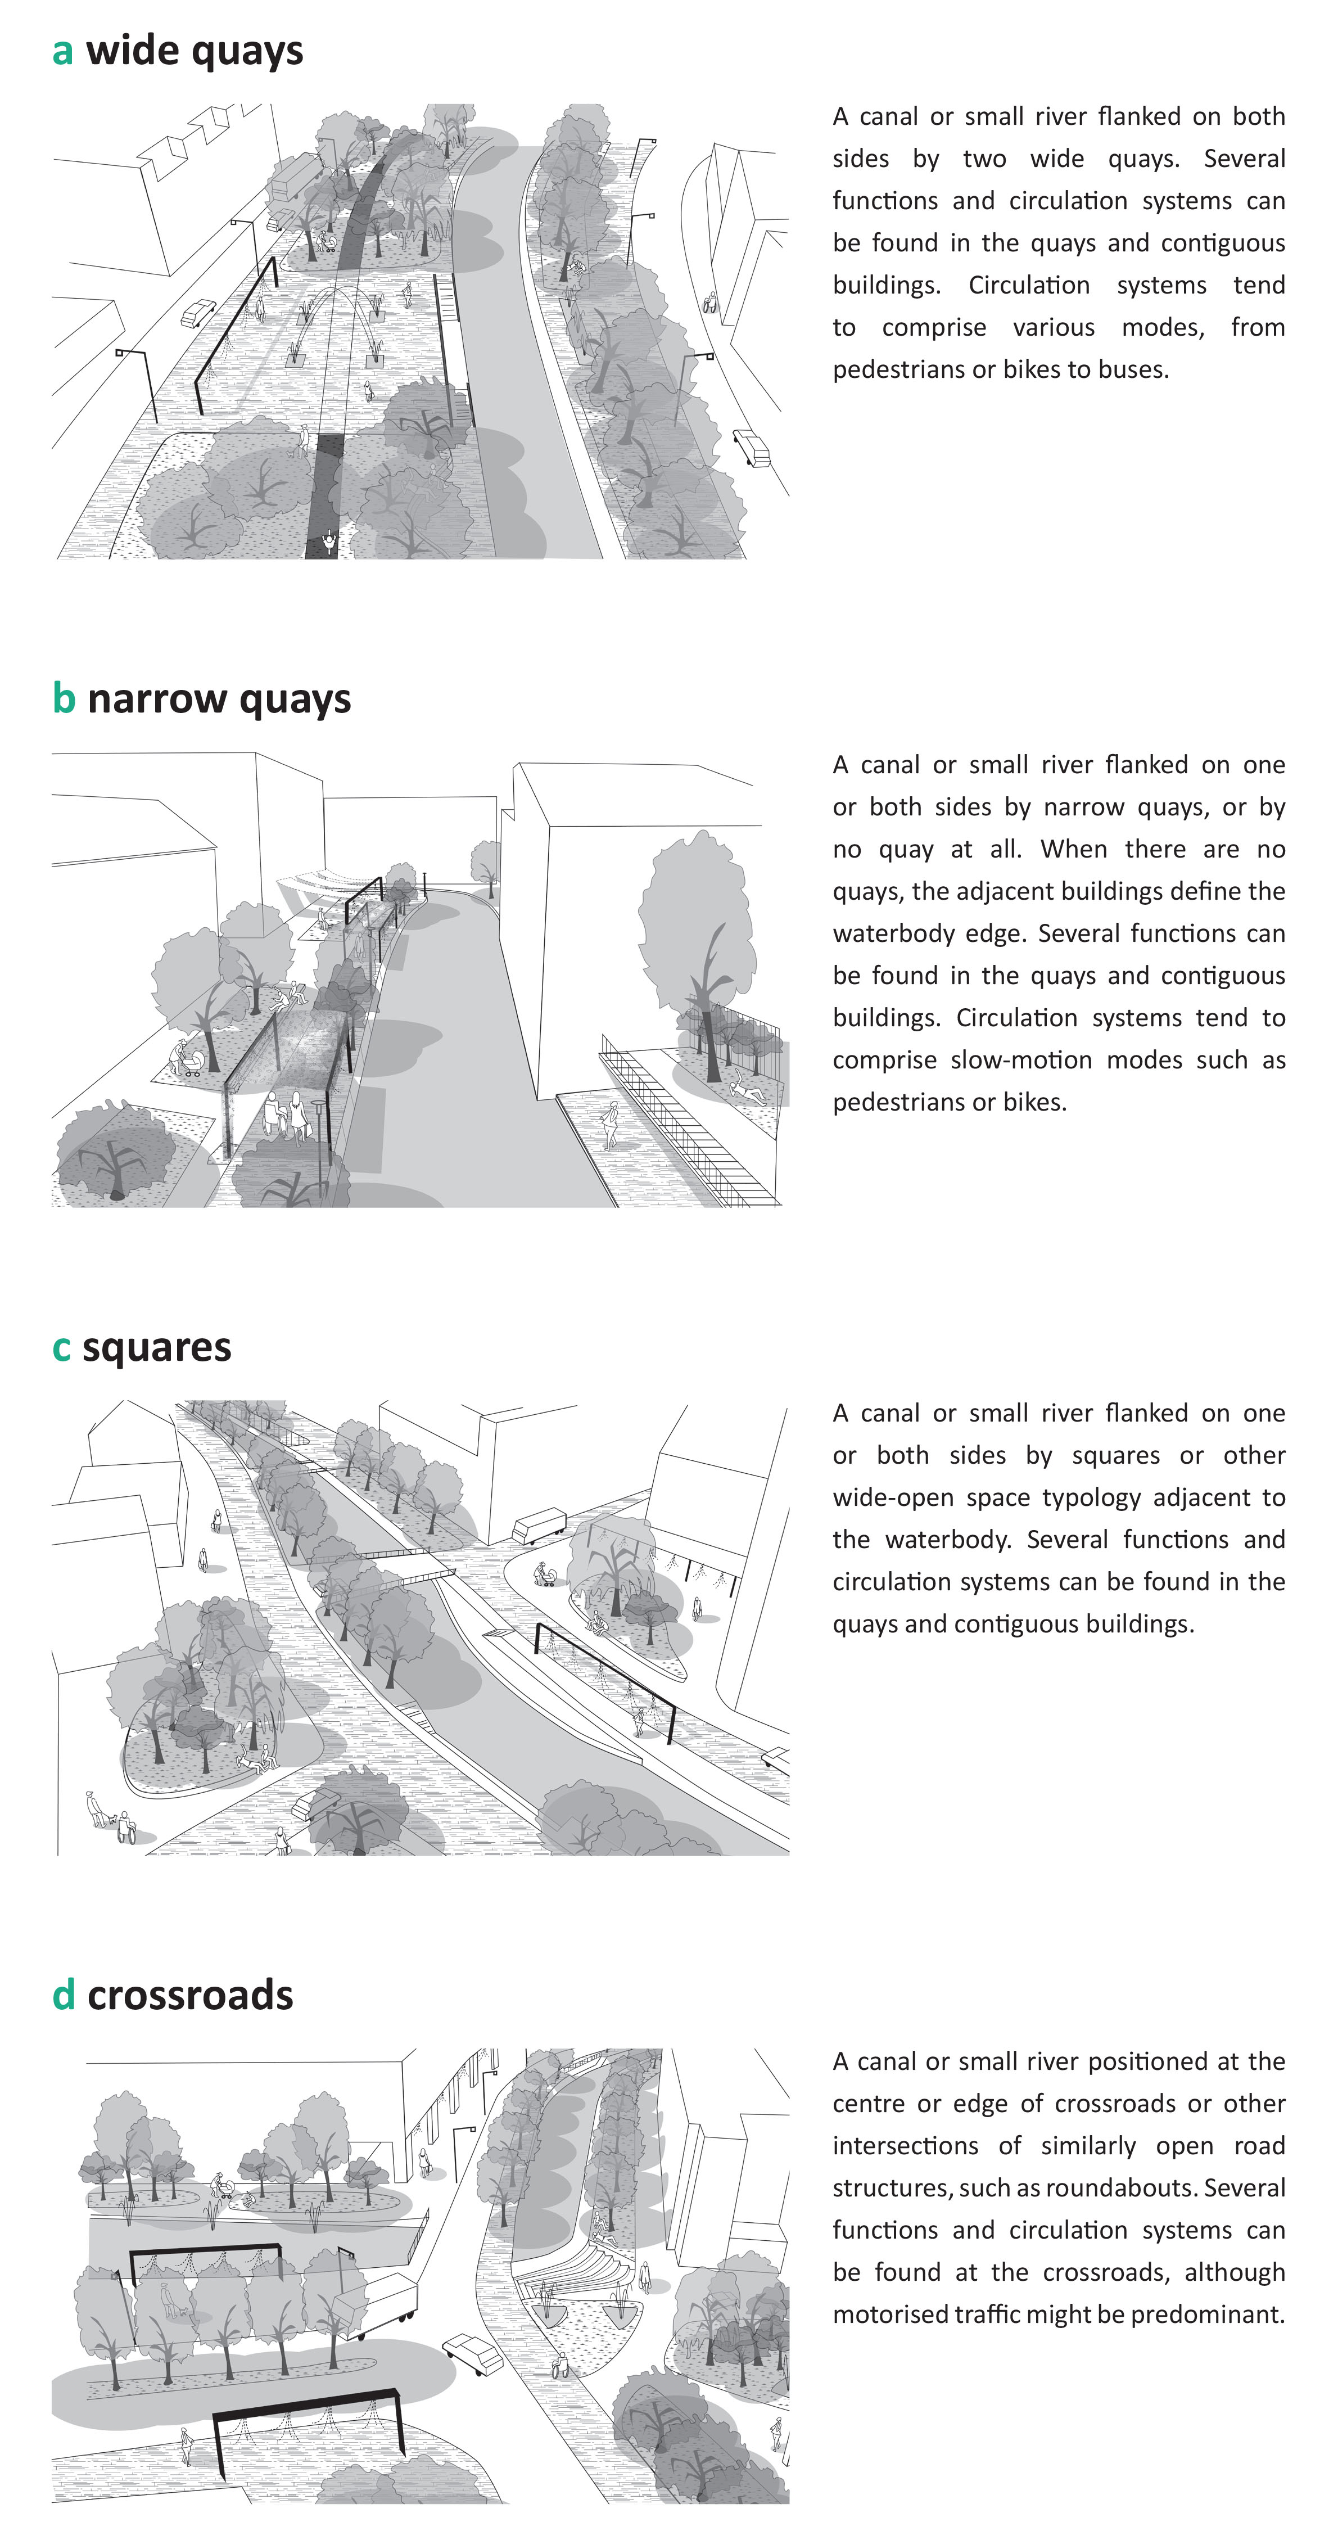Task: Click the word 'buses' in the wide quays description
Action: [x=1134, y=370]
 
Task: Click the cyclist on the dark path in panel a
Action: [x=328, y=542]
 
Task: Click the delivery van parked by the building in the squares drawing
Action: [x=539, y=1526]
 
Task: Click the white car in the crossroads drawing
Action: [x=474, y=2354]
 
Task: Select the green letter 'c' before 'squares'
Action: [x=61, y=1348]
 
